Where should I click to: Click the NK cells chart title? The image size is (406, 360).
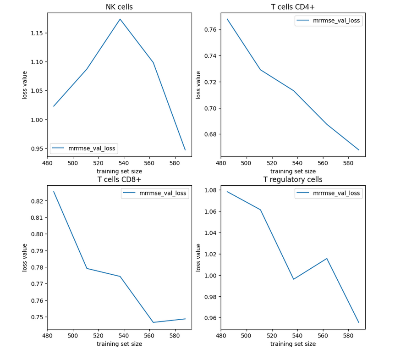[x=119, y=7]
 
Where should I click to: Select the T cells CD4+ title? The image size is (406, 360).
[x=293, y=7]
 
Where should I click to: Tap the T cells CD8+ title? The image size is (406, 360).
[x=119, y=179]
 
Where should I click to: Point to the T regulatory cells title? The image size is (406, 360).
[x=293, y=180]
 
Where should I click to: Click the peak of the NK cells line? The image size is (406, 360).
[x=120, y=19]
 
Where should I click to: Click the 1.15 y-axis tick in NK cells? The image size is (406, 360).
[x=37, y=33]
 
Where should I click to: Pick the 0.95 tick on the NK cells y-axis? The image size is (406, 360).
[x=37, y=149]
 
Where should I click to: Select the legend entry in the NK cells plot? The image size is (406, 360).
[x=84, y=148]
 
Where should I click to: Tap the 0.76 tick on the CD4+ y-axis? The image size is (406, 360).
[x=210, y=29]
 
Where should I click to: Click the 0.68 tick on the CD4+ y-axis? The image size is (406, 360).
[x=210, y=134]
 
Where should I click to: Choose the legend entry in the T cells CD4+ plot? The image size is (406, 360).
[x=329, y=21]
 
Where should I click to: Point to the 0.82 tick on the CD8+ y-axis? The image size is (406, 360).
[x=37, y=201]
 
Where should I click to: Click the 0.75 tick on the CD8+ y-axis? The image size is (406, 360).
[x=37, y=317]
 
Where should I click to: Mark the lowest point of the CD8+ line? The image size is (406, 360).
[x=154, y=322]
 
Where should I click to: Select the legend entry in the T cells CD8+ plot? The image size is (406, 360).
[x=155, y=193]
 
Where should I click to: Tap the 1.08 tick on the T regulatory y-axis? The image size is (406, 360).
[x=210, y=190]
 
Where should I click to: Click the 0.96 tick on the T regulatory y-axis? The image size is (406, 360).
[x=210, y=318]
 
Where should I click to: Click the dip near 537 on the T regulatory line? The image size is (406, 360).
[x=294, y=279]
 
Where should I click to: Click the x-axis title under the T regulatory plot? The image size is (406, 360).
[x=293, y=344]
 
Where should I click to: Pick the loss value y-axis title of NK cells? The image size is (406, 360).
[x=25, y=85]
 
